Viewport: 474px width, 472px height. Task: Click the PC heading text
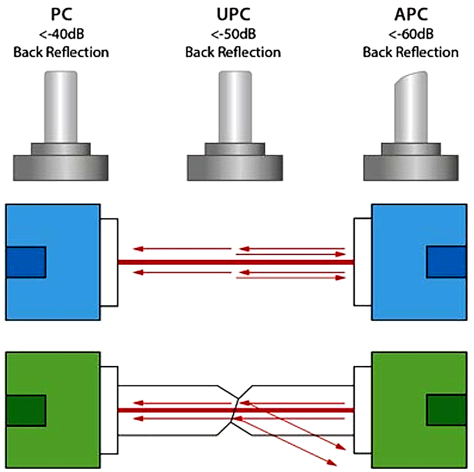coord(61,16)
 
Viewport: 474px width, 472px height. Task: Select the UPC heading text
coord(232,16)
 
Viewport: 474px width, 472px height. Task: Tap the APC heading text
coord(410,16)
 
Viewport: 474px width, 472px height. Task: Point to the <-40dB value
coord(61,34)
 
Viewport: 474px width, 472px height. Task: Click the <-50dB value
coord(232,34)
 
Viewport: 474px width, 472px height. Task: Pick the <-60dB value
coord(410,34)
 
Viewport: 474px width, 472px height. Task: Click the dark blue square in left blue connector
coord(26,262)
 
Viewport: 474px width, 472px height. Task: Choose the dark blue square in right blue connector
coord(446,262)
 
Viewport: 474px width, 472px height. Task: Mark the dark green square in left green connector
coord(26,410)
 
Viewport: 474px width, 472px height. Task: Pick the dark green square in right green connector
coord(446,410)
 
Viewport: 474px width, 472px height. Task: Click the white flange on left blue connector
coord(109,262)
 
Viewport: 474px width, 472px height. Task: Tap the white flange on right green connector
coord(363,410)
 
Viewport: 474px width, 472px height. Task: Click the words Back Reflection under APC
coord(410,52)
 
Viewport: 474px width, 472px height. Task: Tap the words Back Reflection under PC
coord(61,52)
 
